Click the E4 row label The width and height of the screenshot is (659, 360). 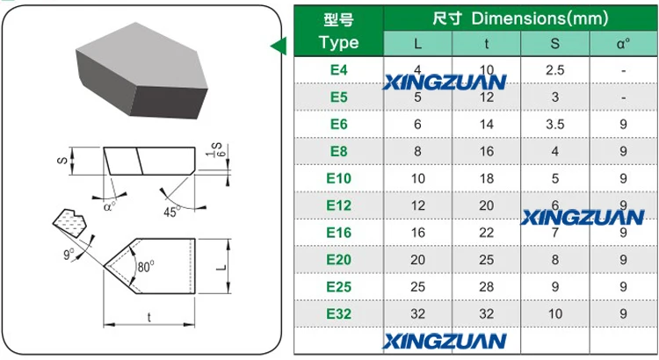[339, 69]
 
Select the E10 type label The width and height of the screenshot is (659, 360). [339, 178]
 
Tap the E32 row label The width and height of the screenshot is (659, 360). [339, 313]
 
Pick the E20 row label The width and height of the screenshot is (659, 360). [339, 259]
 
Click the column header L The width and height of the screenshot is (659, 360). [416, 42]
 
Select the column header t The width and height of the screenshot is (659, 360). [487, 42]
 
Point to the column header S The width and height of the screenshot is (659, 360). [554, 42]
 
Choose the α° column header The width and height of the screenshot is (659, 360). [622, 42]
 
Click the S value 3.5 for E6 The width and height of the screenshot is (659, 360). [554, 125]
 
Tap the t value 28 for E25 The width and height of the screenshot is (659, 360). [487, 286]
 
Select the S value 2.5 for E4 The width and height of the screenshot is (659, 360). [554, 69]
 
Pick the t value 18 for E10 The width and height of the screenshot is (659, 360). [487, 178]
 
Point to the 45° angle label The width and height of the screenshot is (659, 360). [171, 212]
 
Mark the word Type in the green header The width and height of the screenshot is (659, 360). [339, 42]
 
